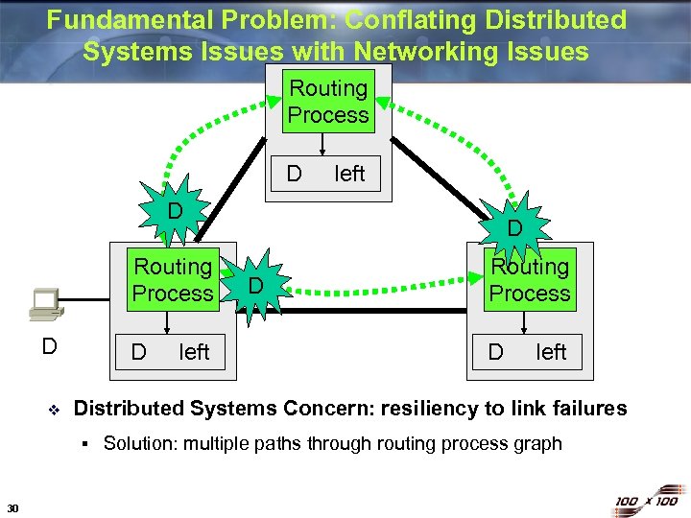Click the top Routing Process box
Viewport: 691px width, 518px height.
328,102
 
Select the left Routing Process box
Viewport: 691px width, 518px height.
173,280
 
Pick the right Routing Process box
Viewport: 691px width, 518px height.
530,280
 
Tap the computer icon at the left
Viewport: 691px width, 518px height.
44,305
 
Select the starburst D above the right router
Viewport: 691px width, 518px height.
514,228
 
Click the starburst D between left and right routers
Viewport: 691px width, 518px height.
255,285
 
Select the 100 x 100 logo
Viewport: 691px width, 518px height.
647,501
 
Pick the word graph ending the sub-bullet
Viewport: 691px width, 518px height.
538,443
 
